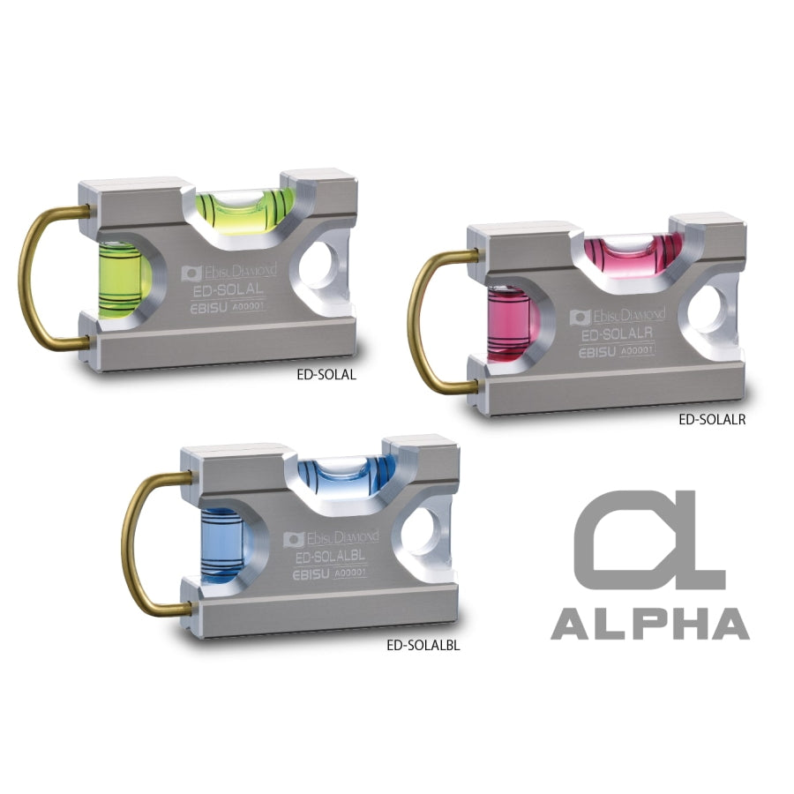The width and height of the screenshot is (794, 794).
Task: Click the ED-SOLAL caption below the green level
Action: click(326, 375)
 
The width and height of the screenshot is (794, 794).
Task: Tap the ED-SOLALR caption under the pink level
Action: click(712, 419)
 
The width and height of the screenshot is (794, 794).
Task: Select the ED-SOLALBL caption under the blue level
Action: click(423, 646)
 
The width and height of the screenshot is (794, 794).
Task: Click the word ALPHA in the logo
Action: click(650, 624)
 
